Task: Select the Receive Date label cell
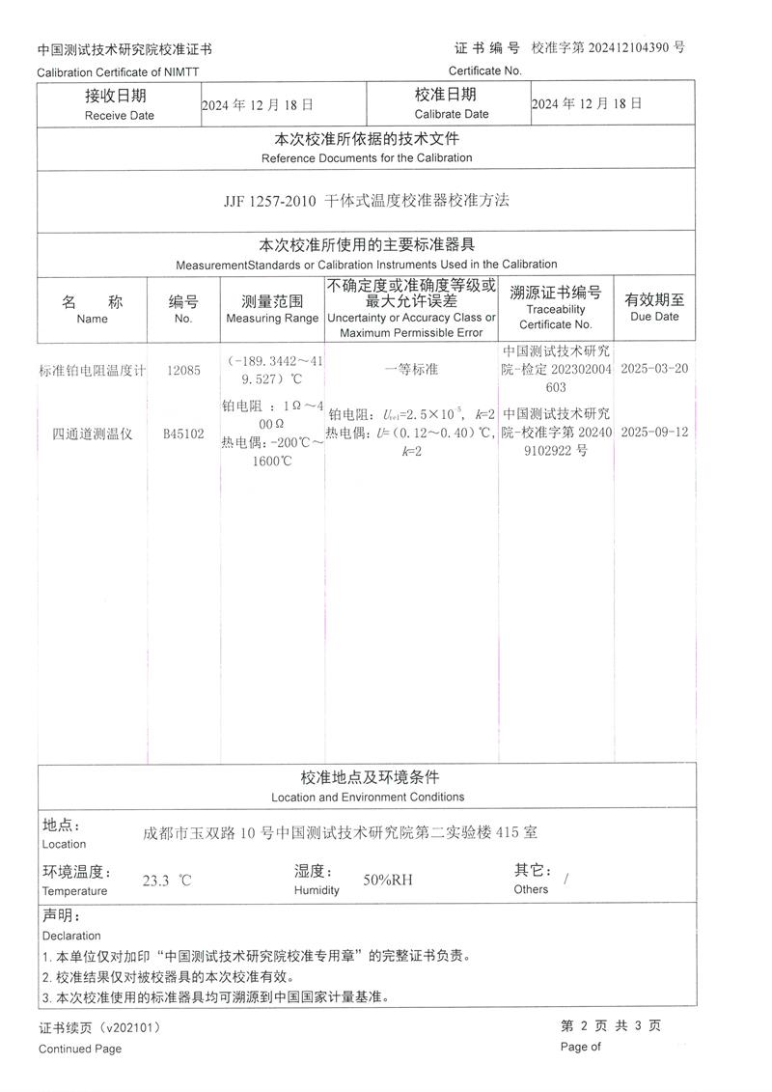point(119,104)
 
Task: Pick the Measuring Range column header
point(271,309)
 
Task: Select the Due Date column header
point(654,307)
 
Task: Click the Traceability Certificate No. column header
point(555,309)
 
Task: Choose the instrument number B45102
point(183,434)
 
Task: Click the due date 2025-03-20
point(654,369)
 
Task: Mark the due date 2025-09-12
point(654,433)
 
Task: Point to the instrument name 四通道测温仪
point(92,434)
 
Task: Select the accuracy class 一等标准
point(411,370)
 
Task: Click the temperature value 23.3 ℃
point(167,881)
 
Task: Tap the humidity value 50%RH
point(388,880)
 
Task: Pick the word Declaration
point(71,936)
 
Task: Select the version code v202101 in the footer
point(132,1028)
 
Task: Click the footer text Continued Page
point(80,1049)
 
